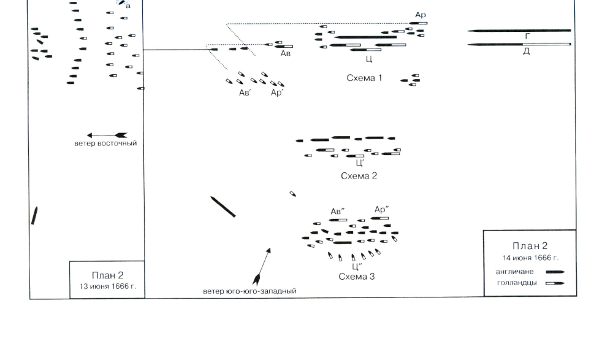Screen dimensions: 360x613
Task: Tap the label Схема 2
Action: click(x=359, y=175)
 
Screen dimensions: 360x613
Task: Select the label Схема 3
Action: click(x=356, y=276)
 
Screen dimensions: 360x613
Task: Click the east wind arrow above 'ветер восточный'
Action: click(x=107, y=135)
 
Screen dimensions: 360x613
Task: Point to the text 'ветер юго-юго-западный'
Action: click(x=249, y=291)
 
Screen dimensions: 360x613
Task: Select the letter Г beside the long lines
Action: click(x=526, y=37)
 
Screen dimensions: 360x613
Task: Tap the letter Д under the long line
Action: click(x=526, y=52)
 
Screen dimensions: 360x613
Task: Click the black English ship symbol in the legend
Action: click(x=555, y=271)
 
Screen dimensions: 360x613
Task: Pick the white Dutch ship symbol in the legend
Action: click(x=555, y=283)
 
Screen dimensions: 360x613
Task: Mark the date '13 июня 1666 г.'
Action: click(x=107, y=286)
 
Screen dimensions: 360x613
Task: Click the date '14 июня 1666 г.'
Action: click(x=530, y=257)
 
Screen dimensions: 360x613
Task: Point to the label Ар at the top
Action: click(x=420, y=14)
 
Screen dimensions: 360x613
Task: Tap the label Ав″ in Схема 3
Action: click(x=338, y=212)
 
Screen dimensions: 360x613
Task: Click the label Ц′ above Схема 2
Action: click(x=360, y=163)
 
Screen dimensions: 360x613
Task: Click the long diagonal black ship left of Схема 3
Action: click(x=223, y=207)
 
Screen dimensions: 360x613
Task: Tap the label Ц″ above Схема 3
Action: click(x=356, y=266)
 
